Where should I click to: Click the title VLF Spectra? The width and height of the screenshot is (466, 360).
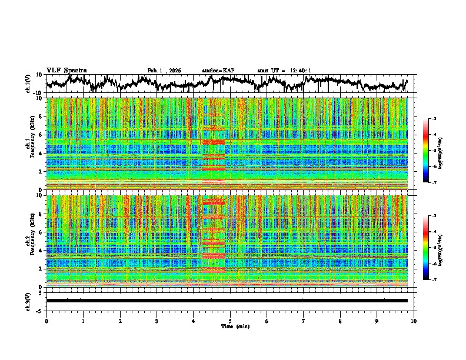pyautogui.click(x=66, y=70)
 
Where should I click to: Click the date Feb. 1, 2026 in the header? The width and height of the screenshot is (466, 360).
pyautogui.click(x=164, y=71)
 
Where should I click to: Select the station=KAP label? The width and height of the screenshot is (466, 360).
pyautogui.click(x=218, y=71)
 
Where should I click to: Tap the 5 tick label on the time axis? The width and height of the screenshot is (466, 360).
pyautogui.click(x=230, y=321)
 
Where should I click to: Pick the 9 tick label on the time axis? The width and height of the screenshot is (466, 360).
pyautogui.click(x=377, y=321)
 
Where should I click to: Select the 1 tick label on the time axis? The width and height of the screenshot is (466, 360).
pyautogui.click(x=83, y=321)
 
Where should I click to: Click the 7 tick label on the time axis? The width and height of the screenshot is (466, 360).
pyautogui.click(x=304, y=321)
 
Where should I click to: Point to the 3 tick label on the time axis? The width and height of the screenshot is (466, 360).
pyautogui.click(x=157, y=321)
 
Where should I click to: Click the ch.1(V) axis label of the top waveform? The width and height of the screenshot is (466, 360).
pyautogui.click(x=29, y=84)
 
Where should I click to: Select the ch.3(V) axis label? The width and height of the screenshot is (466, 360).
pyautogui.click(x=29, y=301)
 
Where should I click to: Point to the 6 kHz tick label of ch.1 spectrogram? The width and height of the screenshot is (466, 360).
pyautogui.click(x=41, y=135)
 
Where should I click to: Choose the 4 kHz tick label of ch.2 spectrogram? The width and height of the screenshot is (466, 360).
pyautogui.click(x=41, y=250)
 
